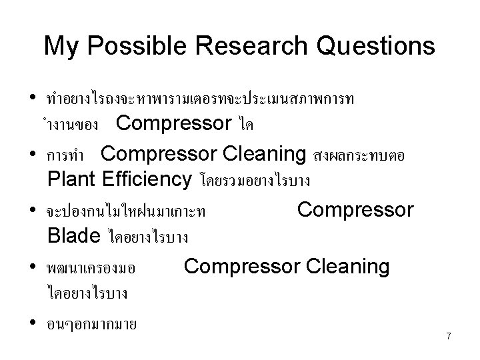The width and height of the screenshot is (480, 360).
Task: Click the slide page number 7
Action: coord(449,337)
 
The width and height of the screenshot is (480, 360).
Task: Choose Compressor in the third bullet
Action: coord(355,210)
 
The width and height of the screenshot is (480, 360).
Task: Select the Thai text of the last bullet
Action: coord(92,325)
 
